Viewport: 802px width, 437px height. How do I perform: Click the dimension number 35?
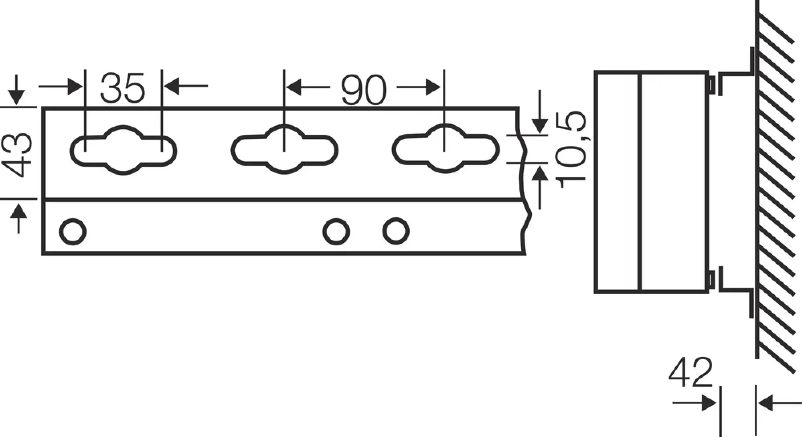(x=122, y=87)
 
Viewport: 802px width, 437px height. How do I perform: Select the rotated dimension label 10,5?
(x=571, y=150)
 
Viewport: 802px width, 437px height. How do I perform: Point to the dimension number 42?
(x=691, y=372)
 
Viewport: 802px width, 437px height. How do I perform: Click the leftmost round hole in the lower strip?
(x=73, y=232)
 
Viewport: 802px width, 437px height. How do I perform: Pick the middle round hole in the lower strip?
(x=336, y=232)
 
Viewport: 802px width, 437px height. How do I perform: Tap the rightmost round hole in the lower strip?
(x=396, y=231)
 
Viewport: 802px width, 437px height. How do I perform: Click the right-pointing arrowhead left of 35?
(x=75, y=86)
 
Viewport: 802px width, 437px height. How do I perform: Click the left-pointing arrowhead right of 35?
(x=172, y=86)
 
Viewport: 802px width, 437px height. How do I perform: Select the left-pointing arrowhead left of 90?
(x=294, y=87)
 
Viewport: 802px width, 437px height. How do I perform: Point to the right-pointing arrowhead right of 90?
(x=433, y=87)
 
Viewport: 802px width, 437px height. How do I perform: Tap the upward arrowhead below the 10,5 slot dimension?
(x=540, y=173)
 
